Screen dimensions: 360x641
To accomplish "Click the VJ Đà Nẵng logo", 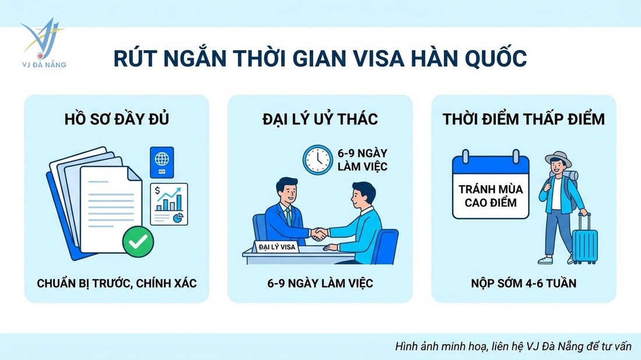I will click(x=42, y=44).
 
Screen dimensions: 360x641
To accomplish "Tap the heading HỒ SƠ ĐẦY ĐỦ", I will click(x=116, y=119).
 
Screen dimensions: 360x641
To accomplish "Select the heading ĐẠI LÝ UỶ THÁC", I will click(x=320, y=119).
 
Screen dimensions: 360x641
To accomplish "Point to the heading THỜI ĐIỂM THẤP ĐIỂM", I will click(x=523, y=119).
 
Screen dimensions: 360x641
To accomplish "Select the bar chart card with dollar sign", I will click(x=168, y=203).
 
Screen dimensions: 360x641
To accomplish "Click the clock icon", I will click(x=316, y=158).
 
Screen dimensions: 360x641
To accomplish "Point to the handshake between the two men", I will click(x=318, y=234).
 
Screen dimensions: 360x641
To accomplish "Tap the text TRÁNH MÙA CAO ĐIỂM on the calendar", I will click(x=491, y=196).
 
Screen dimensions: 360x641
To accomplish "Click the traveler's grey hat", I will click(x=558, y=158).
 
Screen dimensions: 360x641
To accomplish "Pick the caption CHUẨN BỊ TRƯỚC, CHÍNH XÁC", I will click(x=117, y=284).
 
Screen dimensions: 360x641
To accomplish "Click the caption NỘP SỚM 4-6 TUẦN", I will click(x=523, y=284).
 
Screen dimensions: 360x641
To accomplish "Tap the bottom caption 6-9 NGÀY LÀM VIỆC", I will click(x=320, y=284).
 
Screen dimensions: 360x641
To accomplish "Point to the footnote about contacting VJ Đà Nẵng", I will click(x=513, y=346).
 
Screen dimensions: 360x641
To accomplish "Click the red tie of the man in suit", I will click(x=288, y=216).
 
